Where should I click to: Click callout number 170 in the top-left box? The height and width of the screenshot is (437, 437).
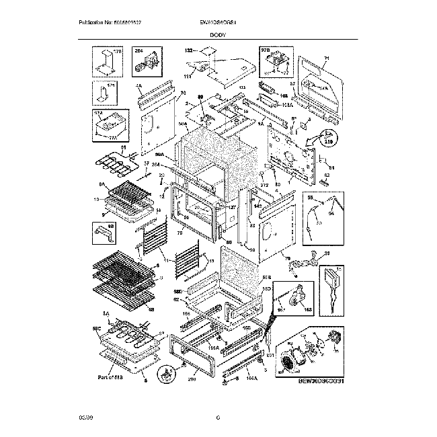pyautogui.click(x=118, y=51)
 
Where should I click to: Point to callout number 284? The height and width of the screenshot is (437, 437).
pyautogui.click(x=139, y=51)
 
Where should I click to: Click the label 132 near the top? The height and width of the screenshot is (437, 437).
pyautogui.click(x=188, y=50)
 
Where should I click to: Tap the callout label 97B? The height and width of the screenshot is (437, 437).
pyautogui.click(x=265, y=50)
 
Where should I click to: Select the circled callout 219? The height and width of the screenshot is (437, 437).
pyautogui.click(x=329, y=141)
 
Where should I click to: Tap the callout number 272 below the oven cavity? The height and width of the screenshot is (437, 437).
pyautogui.click(x=264, y=184)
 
